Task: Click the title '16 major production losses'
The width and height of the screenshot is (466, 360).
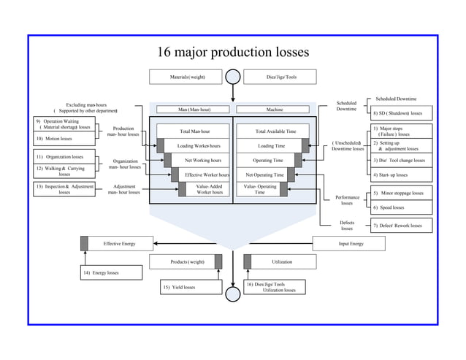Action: [x=233, y=53]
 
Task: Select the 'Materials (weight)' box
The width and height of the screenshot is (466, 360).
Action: [x=187, y=77]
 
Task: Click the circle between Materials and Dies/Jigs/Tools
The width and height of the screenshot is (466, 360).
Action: [x=233, y=77]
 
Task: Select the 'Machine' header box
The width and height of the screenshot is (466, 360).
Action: [x=275, y=110]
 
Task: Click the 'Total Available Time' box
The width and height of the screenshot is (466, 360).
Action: [x=275, y=131]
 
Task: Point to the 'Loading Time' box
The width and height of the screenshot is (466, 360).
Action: [x=271, y=145]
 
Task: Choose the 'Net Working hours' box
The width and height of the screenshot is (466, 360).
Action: [x=202, y=160]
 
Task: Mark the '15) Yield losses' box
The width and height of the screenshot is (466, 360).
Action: [x=190, y=287]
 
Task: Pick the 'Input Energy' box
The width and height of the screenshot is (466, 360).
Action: [x=351, y=243]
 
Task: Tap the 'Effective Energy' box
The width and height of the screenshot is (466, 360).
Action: [x=117, y=243]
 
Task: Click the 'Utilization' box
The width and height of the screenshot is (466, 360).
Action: [x=281, y=261]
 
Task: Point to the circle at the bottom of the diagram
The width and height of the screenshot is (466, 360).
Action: [x=233, y=294]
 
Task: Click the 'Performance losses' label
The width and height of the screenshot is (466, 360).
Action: [x=347, y=200]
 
